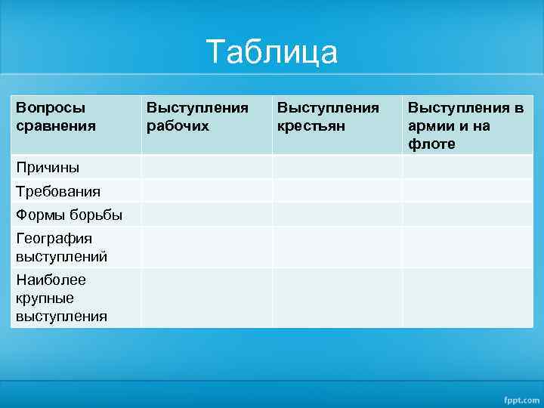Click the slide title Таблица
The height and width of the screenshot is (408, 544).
[x=272, y=53]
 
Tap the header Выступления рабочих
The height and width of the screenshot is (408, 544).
[x=196, y=117]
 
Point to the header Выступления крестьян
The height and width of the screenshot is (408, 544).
[x=328, y=117]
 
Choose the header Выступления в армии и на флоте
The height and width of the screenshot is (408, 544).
[x=465, y=125]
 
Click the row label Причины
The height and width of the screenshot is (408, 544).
[x=48, y=167]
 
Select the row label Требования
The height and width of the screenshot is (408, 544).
[x=58, y=191]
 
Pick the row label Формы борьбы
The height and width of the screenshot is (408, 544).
[x=69, y=215]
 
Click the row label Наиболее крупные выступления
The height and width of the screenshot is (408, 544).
[x=61, y=298]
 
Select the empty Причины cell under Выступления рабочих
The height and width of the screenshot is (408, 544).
[x=206, y=167]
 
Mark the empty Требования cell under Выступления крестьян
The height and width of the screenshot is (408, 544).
[x=337, y=191]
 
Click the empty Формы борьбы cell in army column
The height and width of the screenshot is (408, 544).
[x=467, y=215]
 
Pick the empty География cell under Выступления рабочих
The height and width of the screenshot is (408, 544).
[x=206, y=247]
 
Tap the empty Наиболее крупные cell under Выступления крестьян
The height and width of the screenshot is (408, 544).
[x=337, y=298]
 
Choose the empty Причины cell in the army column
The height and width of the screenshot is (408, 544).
[x=467, y=167]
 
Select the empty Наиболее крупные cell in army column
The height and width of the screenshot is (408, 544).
[x=467, y=298]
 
